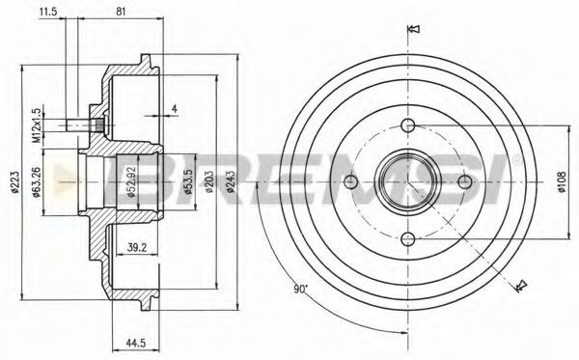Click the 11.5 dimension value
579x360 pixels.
click(48, 12)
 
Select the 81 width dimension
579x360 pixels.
click(121, 12)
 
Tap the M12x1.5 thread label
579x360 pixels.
click(37, 125)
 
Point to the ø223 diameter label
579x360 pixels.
click(14, 182)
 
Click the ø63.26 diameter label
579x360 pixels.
click(37, 182)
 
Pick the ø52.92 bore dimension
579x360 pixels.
click(132, 182)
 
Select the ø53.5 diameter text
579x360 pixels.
click(189, 182)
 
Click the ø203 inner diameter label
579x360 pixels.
click(209, 182)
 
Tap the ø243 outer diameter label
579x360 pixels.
click(231, 182)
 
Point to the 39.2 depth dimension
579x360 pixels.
click(137, 247)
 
